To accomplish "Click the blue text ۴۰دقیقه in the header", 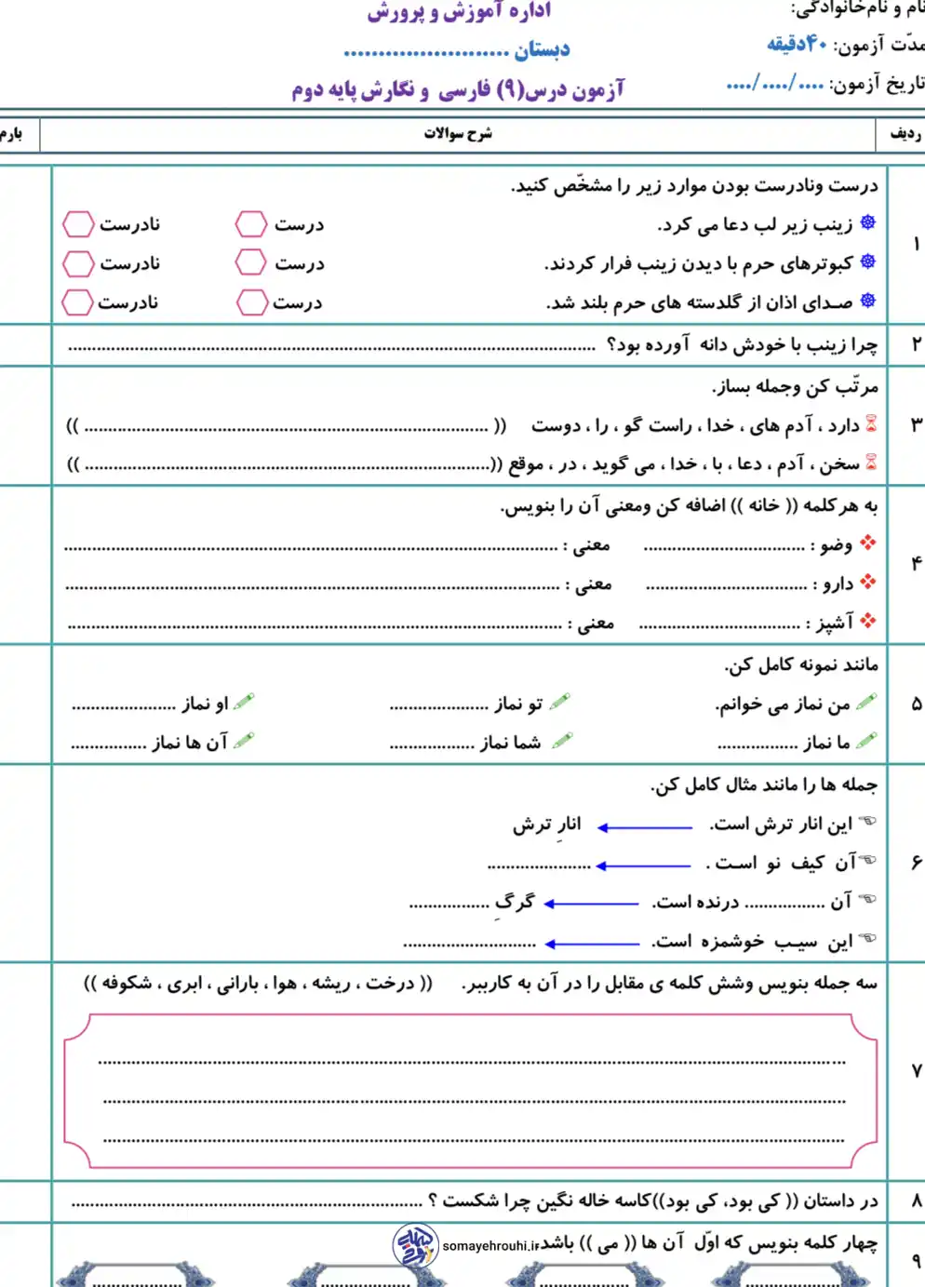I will (x=798, y=44).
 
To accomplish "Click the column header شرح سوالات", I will (x=458, y=134).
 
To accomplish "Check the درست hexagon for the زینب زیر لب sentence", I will (x=250, y=223).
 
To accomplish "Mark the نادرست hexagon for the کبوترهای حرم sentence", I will (x=78, y=263).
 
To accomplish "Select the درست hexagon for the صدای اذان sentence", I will (x=251, y=302).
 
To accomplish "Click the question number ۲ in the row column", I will (x=916, y=344).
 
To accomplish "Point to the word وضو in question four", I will (x=836, y=544).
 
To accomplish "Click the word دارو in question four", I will (x=838, y=583).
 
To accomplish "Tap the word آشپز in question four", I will (x=834, y=623).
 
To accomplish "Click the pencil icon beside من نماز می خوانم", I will (x=866, y=703).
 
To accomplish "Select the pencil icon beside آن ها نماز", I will (x=245, y=742).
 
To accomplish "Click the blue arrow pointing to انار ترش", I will (x=644, y=826).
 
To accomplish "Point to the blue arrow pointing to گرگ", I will (x=591, y=903).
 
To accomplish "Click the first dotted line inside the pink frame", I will (x=472, y=1061).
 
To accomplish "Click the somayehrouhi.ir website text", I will (x=490, y=1246).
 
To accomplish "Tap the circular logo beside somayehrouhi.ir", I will (x=414, y=1246).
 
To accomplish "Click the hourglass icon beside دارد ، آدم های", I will (x=871, y=424).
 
